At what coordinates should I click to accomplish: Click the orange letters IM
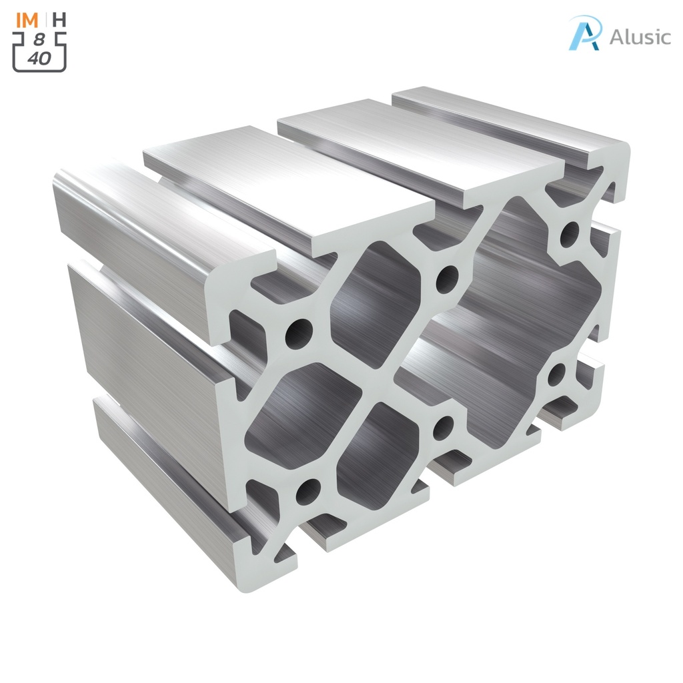(27, 19)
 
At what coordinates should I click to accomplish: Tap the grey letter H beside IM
(59, 19)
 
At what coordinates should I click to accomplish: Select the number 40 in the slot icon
(39, 59)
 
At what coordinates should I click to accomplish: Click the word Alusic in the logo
(640, 37)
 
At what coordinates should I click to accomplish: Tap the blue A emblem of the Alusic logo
(585, 33)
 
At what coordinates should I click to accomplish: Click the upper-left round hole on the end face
(298, 331)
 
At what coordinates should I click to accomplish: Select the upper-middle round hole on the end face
(447, 278)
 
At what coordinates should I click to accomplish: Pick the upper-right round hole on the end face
(569, 233)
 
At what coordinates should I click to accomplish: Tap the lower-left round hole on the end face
(308, 492)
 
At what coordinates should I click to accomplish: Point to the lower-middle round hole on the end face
(443, 427)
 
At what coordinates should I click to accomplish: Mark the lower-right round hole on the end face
(556, 376)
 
